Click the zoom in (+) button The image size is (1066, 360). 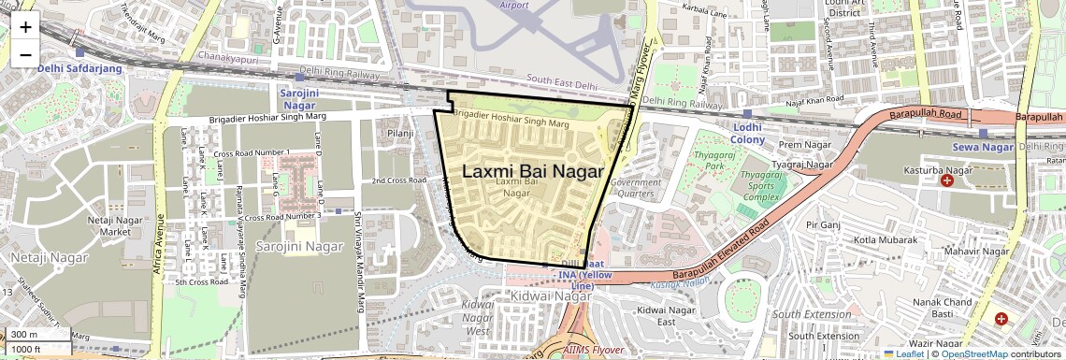tap(25, 26)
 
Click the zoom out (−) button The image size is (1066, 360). tap(25, 54)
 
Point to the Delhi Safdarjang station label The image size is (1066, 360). tap(78, 67)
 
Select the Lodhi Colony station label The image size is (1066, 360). tap(747, 134)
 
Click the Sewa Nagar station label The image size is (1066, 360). tap(983, 147)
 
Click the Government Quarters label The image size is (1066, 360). tap(635, 188)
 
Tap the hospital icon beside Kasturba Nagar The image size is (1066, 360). tap(946, 179)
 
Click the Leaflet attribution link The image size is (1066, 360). tap(903, 353)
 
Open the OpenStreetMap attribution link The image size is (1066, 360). tap(973, 353)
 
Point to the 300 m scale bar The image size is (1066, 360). tap(36, 335)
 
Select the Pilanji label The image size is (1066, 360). tap(400, 134)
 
